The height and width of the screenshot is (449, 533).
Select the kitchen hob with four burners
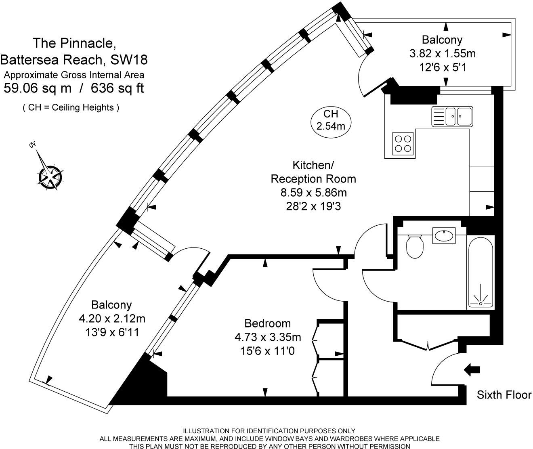point(403,143)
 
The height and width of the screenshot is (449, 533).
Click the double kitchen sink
point(452,116)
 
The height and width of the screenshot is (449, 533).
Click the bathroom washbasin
point(444,235)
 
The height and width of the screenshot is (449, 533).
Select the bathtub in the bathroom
point(480,273)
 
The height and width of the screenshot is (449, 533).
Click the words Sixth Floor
point(504,395)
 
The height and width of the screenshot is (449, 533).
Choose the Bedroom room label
point(268,323)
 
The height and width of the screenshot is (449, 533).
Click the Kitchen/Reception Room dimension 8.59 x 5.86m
point(314,192)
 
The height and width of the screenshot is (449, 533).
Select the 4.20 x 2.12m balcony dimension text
point(112,319)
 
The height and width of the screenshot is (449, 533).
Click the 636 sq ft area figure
point(117,88)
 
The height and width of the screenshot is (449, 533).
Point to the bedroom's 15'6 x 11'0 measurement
point(267,351)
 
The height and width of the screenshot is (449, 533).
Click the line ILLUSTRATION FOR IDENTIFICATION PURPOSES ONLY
point(269,431)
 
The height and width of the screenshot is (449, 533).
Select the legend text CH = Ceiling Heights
point(71,107)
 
